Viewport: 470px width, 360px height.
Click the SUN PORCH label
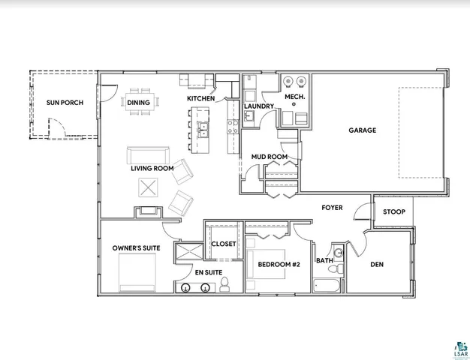pos(65,103)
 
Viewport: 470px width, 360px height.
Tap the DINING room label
pos(138,103)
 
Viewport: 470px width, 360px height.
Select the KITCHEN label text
pos(201,99)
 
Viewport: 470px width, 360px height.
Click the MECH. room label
pos(293,97)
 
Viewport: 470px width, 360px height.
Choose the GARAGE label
pos(362,130)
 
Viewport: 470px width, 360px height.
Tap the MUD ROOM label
pos(269,157)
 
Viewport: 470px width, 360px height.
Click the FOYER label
pos(333,207)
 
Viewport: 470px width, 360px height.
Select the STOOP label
pos(393,212)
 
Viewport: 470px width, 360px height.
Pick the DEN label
pos(377,264)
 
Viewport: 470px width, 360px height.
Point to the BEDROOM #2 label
pos(279,264)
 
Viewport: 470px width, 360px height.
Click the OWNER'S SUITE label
pos(133,247)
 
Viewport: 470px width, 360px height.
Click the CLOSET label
pos(223,244)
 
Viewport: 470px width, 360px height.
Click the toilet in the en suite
pos(223,283)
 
